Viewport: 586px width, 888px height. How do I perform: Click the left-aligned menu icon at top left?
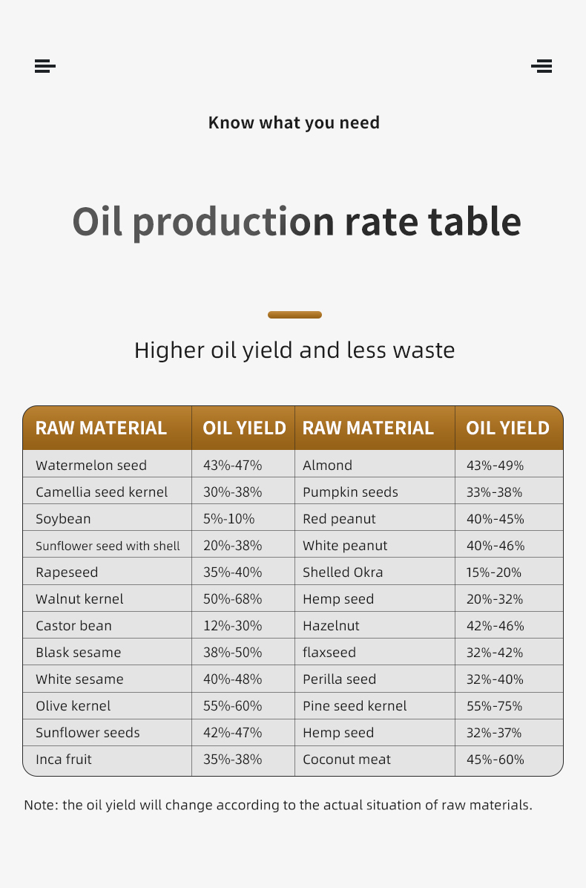coord(45,66)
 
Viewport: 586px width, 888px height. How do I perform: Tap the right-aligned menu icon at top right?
coord(541,66)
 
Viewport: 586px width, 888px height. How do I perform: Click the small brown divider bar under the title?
coord(294,315)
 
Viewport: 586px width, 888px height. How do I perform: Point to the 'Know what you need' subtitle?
coord(294,123)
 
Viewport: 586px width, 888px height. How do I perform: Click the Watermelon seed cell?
coord(91,466)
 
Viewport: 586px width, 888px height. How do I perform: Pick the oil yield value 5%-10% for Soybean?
coord(228,519)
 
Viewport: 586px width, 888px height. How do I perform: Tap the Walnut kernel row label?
coord(79,599)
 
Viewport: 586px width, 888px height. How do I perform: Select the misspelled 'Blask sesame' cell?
coord(78,653)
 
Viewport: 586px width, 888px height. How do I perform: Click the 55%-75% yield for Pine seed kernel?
coord(494,706)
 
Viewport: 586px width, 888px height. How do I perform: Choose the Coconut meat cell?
coord(346,760)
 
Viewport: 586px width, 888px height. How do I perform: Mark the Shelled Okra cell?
coord(343,572)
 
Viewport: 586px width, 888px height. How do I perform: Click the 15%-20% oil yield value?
coord(493,572)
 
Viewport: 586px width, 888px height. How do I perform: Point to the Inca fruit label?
coord(64,760)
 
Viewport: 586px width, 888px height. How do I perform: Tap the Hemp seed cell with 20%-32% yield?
coord(338,599)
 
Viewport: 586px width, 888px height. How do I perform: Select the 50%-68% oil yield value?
coord(232,599)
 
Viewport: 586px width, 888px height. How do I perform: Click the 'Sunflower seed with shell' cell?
coord(108,546)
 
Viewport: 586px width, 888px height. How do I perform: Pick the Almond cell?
coord(327,466)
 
